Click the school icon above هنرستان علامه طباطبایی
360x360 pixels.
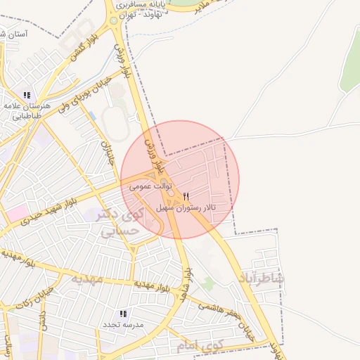click(27, 95)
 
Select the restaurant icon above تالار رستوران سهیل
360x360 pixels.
click(186, 197)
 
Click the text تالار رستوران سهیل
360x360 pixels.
click(186, 208)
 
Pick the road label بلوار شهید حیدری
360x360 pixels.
click(56, 211)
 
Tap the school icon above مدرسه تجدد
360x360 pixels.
click(123, 314)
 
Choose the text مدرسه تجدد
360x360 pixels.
click(123, 325)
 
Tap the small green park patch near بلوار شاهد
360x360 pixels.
click(207, 284)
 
